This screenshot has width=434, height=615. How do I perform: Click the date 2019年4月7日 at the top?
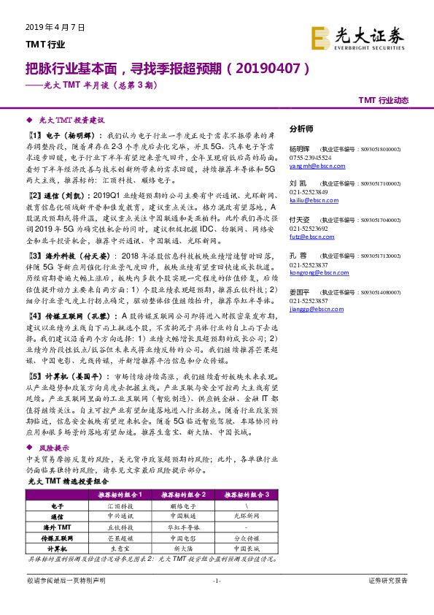(55, 27)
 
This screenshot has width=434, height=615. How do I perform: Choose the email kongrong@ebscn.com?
(311, 270)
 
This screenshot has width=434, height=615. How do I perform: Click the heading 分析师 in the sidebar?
(301, 128)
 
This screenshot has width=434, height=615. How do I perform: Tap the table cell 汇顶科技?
(119, 505)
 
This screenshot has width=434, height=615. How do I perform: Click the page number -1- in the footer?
(217, 581)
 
